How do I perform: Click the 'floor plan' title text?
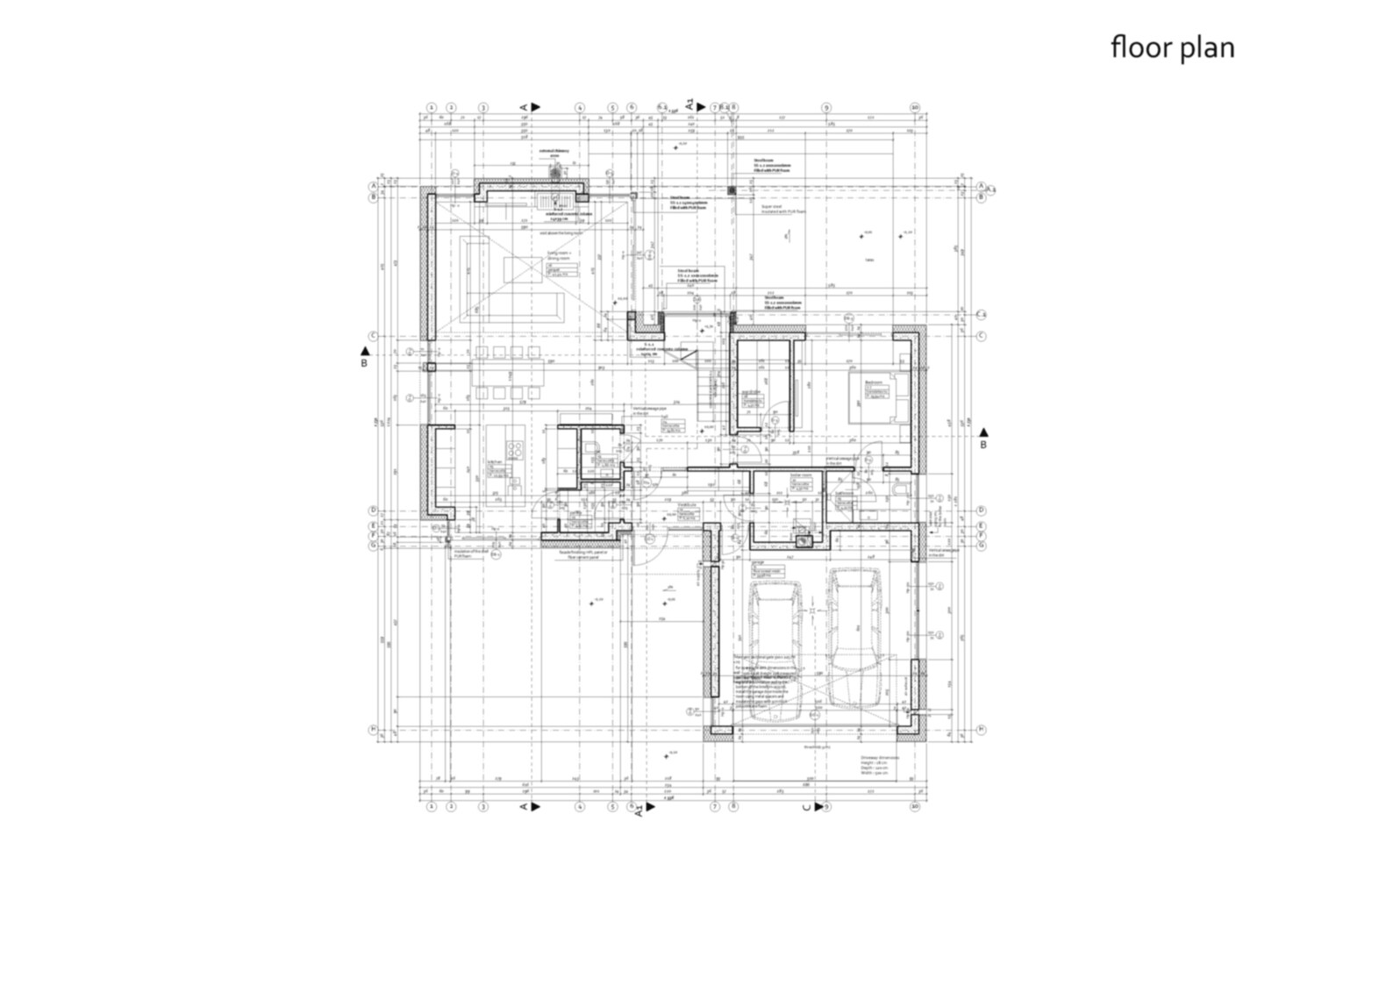(1172, 46)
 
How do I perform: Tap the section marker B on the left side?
(365, 357)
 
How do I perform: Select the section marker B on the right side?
(983, 439)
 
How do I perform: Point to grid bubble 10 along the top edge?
(915, 108)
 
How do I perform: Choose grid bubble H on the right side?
(982, 729)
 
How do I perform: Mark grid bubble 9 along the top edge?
(826, 108)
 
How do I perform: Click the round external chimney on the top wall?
(554, 173)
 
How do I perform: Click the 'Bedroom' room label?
(873, 383)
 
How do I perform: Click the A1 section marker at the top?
(692, 103)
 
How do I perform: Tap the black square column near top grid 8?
(732, 189)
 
